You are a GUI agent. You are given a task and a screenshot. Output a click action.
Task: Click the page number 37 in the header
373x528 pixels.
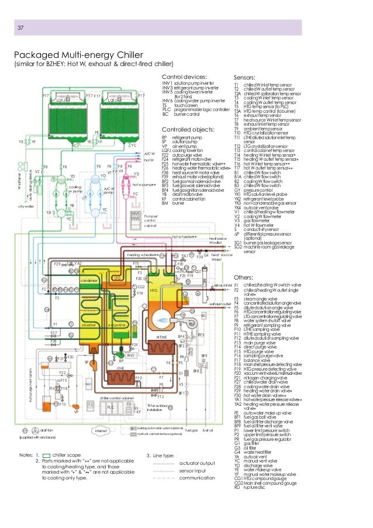pos(20,28)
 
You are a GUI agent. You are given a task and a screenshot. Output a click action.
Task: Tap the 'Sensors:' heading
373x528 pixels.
pos(244,77)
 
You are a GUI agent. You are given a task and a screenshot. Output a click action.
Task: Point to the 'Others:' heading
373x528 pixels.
pos(243,277)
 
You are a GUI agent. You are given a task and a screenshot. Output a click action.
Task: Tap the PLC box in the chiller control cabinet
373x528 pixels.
pos(110,408)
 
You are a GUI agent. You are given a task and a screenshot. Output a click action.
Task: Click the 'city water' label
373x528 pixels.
pos(26,206)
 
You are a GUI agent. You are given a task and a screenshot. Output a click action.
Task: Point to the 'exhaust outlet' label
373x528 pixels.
pos(220,304)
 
